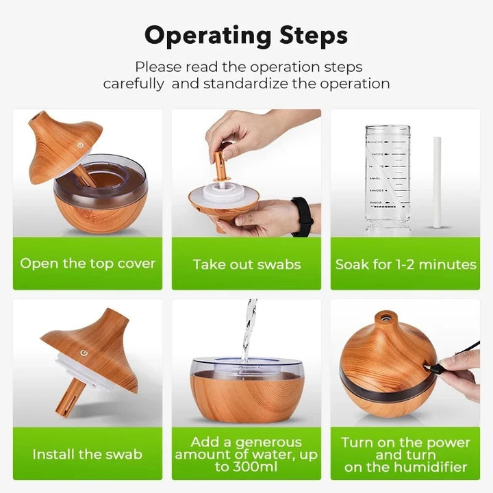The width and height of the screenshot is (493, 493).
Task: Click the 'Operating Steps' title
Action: tap(246, 36)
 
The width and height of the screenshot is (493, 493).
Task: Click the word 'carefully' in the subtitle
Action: tap(134, 84)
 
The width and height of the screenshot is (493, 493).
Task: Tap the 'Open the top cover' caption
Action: tap(88, 264)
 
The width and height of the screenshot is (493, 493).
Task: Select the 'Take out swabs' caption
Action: tap(246, 264)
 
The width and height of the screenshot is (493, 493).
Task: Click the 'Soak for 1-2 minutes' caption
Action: tap(405, 264)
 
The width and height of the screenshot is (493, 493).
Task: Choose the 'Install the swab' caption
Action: tap(88, 454)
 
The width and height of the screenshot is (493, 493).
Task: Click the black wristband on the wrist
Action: tap(301, 216)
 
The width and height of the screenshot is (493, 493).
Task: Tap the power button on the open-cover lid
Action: tap(80, 144)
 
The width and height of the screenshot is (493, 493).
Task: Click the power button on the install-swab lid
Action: tap(84, 353)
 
